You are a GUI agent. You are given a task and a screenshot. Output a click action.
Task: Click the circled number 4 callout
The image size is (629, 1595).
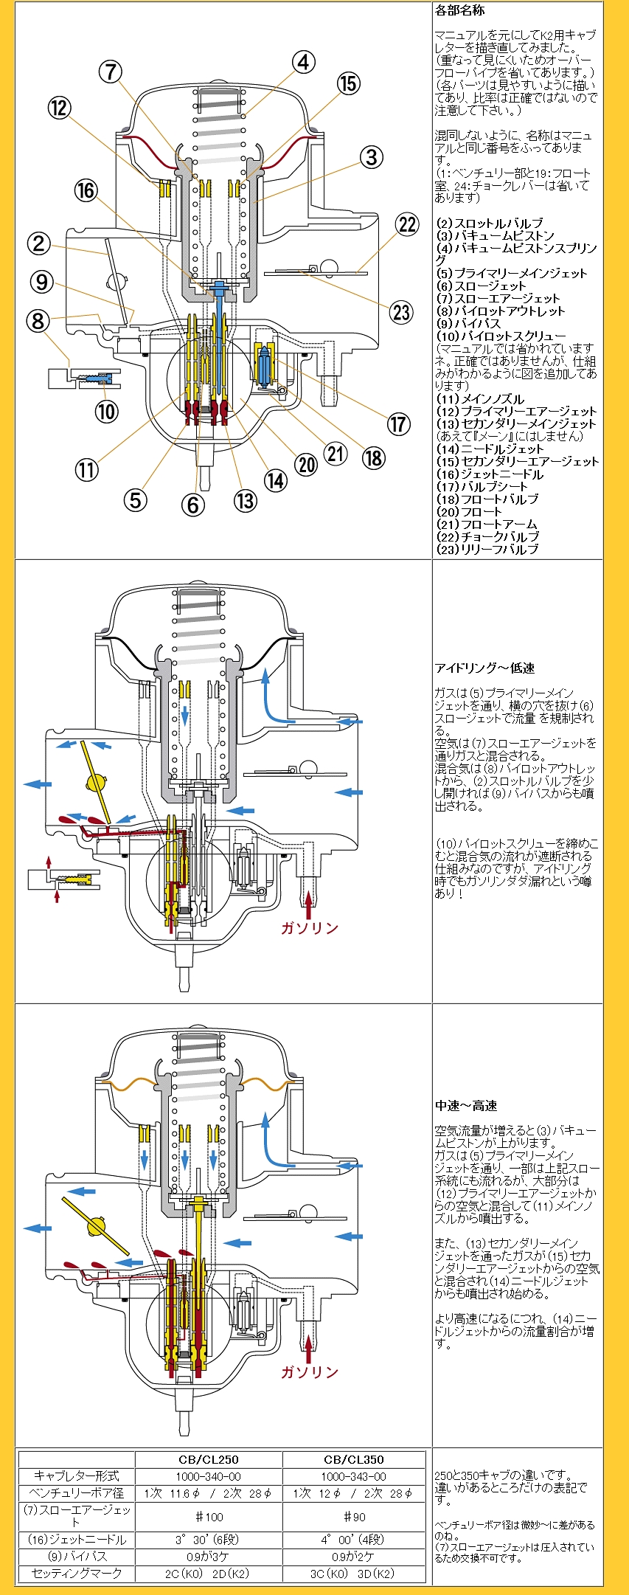tap(303, 63)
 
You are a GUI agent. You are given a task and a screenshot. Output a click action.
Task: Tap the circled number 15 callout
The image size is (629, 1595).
tap(348, 83)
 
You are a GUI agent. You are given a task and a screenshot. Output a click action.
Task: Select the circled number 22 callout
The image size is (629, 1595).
tap(406, 224)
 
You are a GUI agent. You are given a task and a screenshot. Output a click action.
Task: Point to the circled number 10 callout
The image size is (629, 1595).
tap(106, 411)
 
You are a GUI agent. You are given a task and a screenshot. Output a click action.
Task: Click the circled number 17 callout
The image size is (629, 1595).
tap(398, 424)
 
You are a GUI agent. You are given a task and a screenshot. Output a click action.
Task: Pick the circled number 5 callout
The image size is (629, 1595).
tap(134, 500)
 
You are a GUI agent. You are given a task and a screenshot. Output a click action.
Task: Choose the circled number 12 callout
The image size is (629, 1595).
tap(59, 108)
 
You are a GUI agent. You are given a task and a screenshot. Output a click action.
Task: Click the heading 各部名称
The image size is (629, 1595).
tap(460, 10)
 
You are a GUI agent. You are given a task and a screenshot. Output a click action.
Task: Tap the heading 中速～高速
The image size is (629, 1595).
tap(466, 1105)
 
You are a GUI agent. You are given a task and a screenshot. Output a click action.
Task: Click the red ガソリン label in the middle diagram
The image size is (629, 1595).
tap(309, 928)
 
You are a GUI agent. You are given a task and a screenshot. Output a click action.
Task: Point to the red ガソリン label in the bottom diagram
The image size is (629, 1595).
tap(309, 1372)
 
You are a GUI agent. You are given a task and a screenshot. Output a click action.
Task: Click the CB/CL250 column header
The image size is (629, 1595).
tap(209, 1459)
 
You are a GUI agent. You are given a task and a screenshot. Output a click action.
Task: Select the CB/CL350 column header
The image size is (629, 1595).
tap(354, 1459)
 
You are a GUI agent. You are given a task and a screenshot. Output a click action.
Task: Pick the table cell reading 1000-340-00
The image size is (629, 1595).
tap(209, 1476)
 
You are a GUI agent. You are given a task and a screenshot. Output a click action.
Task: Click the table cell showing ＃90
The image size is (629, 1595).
tap(354, 1517)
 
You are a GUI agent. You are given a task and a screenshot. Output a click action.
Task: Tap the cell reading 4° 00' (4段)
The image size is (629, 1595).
tap(354, 1540)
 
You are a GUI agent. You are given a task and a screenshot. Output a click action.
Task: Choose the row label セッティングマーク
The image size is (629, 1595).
tap(77, 1573)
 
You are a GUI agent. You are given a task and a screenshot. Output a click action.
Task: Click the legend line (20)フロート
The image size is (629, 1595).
tap(469, 511)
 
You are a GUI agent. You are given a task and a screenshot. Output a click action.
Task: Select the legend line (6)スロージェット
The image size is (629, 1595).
tap(481, 286)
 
